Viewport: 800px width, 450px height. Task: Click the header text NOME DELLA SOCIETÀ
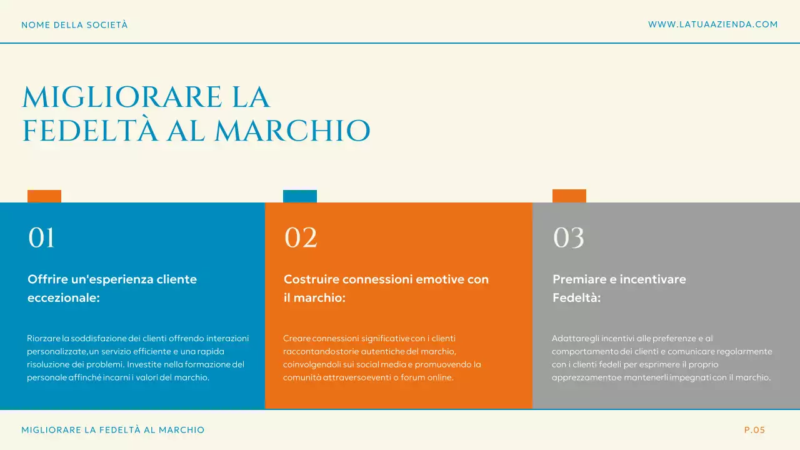tap(74, 25)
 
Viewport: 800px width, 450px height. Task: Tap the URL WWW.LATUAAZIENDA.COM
tap(712, 24)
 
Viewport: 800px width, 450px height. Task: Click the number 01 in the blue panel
tap(42, 238)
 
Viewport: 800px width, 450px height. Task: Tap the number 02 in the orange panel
tap(301, 238)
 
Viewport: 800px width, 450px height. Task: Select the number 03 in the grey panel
tap(569, 238)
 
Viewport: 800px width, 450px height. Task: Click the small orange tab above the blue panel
tap(44, 196)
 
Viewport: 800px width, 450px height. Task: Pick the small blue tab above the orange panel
tap(300, 196)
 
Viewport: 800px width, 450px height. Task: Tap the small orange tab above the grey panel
tap(569, 196)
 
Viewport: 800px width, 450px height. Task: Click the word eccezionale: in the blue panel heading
tap(64, 298)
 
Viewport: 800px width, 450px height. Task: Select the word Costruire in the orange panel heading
tap(311, 279)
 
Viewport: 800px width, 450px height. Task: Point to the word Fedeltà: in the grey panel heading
tap(576, 298)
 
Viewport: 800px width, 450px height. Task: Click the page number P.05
tap(754, 430)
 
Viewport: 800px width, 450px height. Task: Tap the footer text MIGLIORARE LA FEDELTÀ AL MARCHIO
tap(113, 430)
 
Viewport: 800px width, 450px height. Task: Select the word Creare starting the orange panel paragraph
tap(296, 338)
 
